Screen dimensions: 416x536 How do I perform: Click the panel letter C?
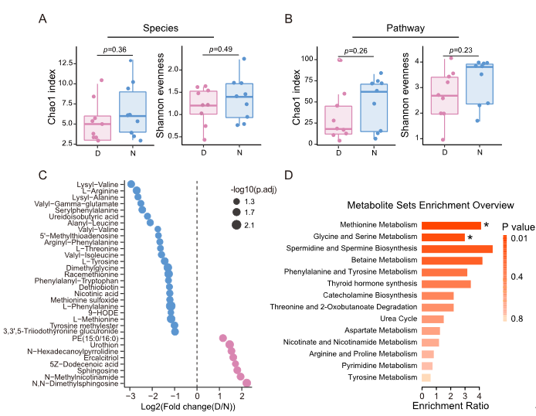tap(43, 176)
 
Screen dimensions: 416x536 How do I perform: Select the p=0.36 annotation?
tap(114, 51)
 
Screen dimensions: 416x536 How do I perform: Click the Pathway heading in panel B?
tap(406, 29)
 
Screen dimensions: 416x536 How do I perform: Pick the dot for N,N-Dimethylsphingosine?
tap(247, 383)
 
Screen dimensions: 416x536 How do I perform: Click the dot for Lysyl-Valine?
tap(131, 184)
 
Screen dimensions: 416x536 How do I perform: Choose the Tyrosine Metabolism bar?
tap(426, 377)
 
